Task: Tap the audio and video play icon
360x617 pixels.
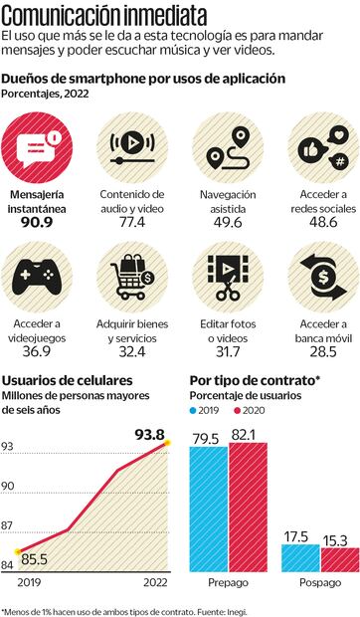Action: (x=134, y=150)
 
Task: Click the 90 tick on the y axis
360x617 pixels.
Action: (x=8, y=486)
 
